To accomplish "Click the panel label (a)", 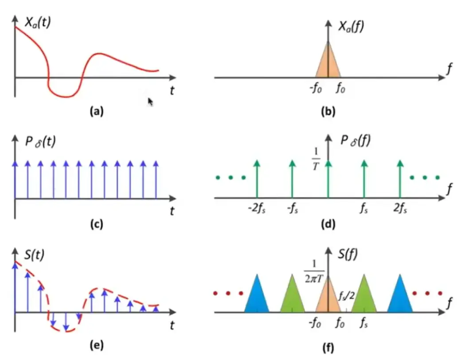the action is coord(96,111).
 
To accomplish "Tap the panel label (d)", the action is coord(328,224).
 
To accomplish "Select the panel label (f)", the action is coord(328,348).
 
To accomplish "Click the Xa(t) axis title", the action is coord(38,22).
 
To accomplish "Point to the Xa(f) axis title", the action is coord(351,26).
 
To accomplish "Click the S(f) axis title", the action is coord(348,254).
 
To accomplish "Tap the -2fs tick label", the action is coord(257,207).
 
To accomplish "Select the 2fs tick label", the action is coord(400,207).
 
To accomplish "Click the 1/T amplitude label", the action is coord(316,159).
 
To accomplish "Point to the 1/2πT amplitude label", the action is coord(314,272).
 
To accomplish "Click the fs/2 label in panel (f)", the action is coord(347,296).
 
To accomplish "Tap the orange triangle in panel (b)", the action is coord(328,59).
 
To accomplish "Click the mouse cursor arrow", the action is coord(150,102).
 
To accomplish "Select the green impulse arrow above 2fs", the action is coord(400,179).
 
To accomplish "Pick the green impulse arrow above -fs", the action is coord(292,179).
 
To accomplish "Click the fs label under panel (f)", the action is coord(363,323).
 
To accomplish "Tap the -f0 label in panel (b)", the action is coord(316,88).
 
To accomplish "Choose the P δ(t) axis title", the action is coord(40,141).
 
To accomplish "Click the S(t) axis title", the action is coord(34,254).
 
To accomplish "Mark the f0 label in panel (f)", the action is coord(340,323).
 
